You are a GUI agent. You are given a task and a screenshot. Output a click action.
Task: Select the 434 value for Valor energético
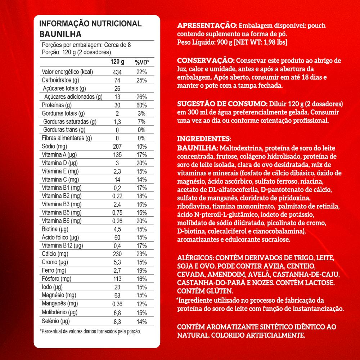117,72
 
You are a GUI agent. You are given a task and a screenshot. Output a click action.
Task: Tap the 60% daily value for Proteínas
141,105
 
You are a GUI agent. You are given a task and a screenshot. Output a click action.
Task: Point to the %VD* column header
142,62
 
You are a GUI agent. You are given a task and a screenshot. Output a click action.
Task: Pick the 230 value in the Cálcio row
117,254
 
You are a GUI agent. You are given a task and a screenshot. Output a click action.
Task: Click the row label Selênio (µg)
55,320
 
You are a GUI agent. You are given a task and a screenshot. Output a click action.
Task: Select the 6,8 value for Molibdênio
117,312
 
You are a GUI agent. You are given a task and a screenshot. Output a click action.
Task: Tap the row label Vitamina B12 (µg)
62,246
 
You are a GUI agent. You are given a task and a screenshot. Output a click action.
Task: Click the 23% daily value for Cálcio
141,254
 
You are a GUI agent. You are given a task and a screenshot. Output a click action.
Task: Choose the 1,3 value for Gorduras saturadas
117,122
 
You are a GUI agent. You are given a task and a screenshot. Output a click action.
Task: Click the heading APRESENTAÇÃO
206,26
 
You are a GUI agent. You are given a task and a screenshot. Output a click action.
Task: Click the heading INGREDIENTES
204,139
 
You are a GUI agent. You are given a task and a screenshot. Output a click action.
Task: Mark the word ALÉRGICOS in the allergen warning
195,258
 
